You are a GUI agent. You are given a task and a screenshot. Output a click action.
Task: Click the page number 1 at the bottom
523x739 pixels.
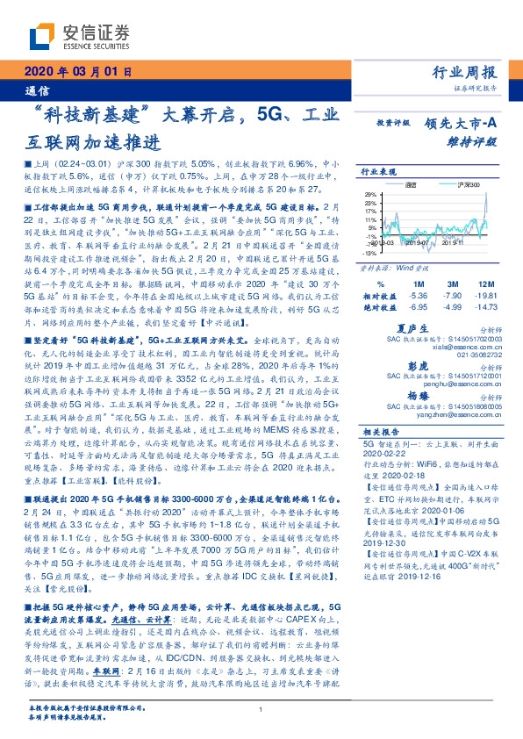click(261, 709)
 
